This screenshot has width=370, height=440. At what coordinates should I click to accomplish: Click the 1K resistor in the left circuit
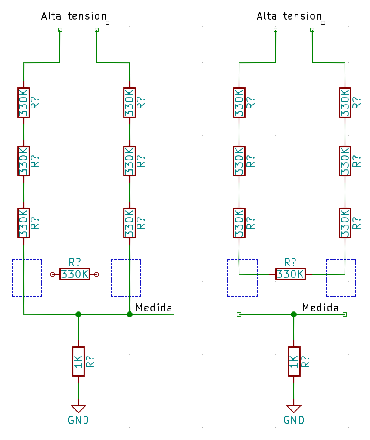[x=78, y=361]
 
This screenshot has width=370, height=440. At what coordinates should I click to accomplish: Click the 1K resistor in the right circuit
[x=294, y=361]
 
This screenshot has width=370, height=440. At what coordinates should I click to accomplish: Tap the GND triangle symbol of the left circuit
[x=78, y=409]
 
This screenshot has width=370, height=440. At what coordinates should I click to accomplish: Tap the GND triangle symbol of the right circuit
[x=294, y=409]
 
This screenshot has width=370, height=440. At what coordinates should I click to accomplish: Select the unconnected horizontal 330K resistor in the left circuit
[x=75, y=274]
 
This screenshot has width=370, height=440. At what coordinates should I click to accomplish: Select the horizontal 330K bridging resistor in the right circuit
[x=290, y=274]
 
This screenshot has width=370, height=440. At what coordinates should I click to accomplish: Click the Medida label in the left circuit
[x=153, y=308]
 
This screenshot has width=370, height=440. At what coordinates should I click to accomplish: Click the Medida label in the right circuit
[x=320, y=308]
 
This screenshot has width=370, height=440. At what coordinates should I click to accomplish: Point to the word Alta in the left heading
[x=51, y=16]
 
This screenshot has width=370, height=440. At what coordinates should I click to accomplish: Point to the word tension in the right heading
[x=302, y=16]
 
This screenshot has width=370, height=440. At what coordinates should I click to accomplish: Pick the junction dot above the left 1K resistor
[x=78, y=314]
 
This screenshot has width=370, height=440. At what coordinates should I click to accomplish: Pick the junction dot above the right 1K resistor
[x=294, y=314]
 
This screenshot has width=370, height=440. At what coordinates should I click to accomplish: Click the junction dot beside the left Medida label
[x=130, y=314]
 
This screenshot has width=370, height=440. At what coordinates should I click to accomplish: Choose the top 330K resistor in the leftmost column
[x=24, y=102]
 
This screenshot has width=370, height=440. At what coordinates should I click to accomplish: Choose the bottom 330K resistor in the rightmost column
[x=345, y=223]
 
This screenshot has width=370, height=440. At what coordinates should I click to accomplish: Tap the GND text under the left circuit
[x=78, y=420]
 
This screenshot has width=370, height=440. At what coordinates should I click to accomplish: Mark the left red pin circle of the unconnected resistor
[x=53, y=274]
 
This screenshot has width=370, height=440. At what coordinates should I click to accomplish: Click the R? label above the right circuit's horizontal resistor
[x=290, y=262]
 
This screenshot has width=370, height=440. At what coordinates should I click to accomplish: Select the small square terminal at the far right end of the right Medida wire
[x=345, y=314]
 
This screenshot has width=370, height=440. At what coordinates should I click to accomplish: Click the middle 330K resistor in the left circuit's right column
[x=130, y=161]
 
